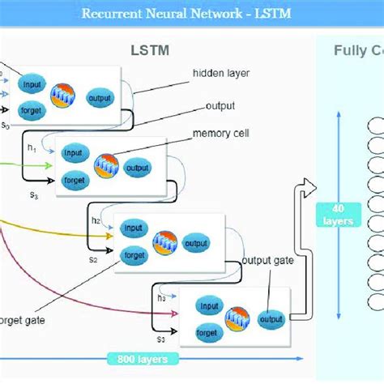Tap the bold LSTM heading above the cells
tap(151, 51)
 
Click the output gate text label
tap(268, 260)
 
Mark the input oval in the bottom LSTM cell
tap(210, 306)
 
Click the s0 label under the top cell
tap(6, 126)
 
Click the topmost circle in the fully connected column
tap(378, 126)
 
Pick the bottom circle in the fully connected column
tap(378, 301)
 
